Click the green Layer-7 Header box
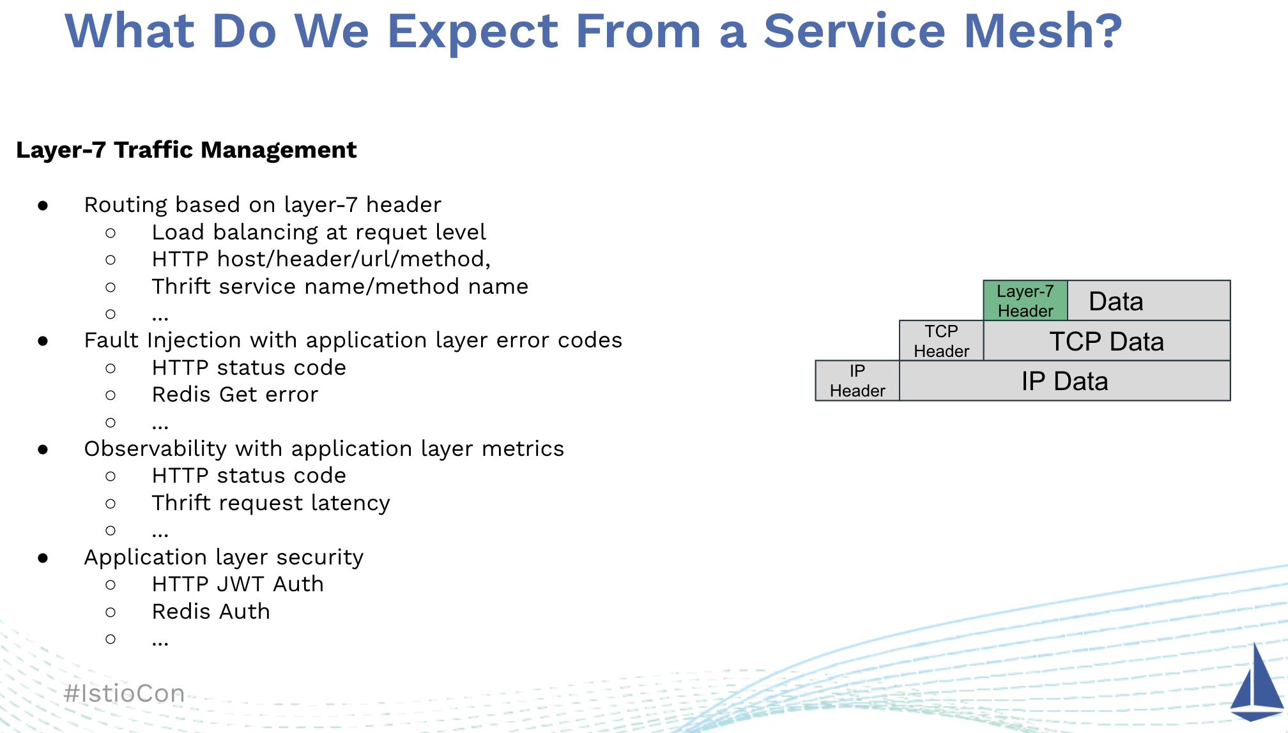pos(1025,301)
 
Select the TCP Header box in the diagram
pos(941,341)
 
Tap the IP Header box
pos(857,381)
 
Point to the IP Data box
pos(1064,381)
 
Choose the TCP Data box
pos(1107,341)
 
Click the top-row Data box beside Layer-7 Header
pos(1148,301)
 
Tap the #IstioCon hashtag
pos(125,693)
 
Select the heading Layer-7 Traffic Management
pos(186,150)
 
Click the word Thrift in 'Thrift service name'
pos(181,287)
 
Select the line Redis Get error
pos(234,395)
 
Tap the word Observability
pos(155,449)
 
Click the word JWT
pos(240,584)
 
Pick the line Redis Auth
pos(211,612)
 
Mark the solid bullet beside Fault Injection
pos(43,341)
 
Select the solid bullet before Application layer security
pos(43,558)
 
